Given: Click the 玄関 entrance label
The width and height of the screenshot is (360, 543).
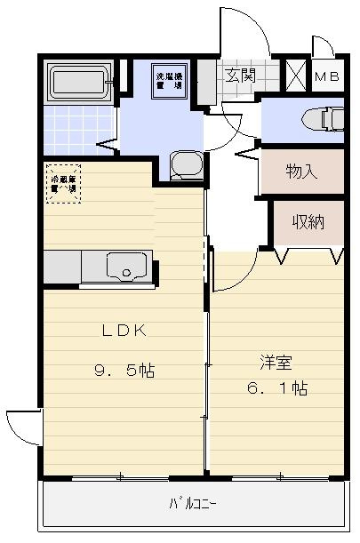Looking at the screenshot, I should pos(239,76).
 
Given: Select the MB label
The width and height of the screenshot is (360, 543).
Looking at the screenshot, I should pos(326,77).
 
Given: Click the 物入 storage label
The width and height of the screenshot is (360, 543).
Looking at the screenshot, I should pos(301,171).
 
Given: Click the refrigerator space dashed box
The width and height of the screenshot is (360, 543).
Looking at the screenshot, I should pos(64,183).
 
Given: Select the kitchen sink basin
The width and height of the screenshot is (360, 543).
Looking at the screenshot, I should pos(126,264).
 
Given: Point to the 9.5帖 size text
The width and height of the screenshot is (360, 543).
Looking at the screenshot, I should pos(124,371).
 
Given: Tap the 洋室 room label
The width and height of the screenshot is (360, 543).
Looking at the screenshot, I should pos(276,363).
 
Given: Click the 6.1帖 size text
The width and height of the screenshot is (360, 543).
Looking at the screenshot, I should pos(276,389).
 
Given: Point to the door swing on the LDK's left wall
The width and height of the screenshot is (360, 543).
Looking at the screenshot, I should pos(23,429).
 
